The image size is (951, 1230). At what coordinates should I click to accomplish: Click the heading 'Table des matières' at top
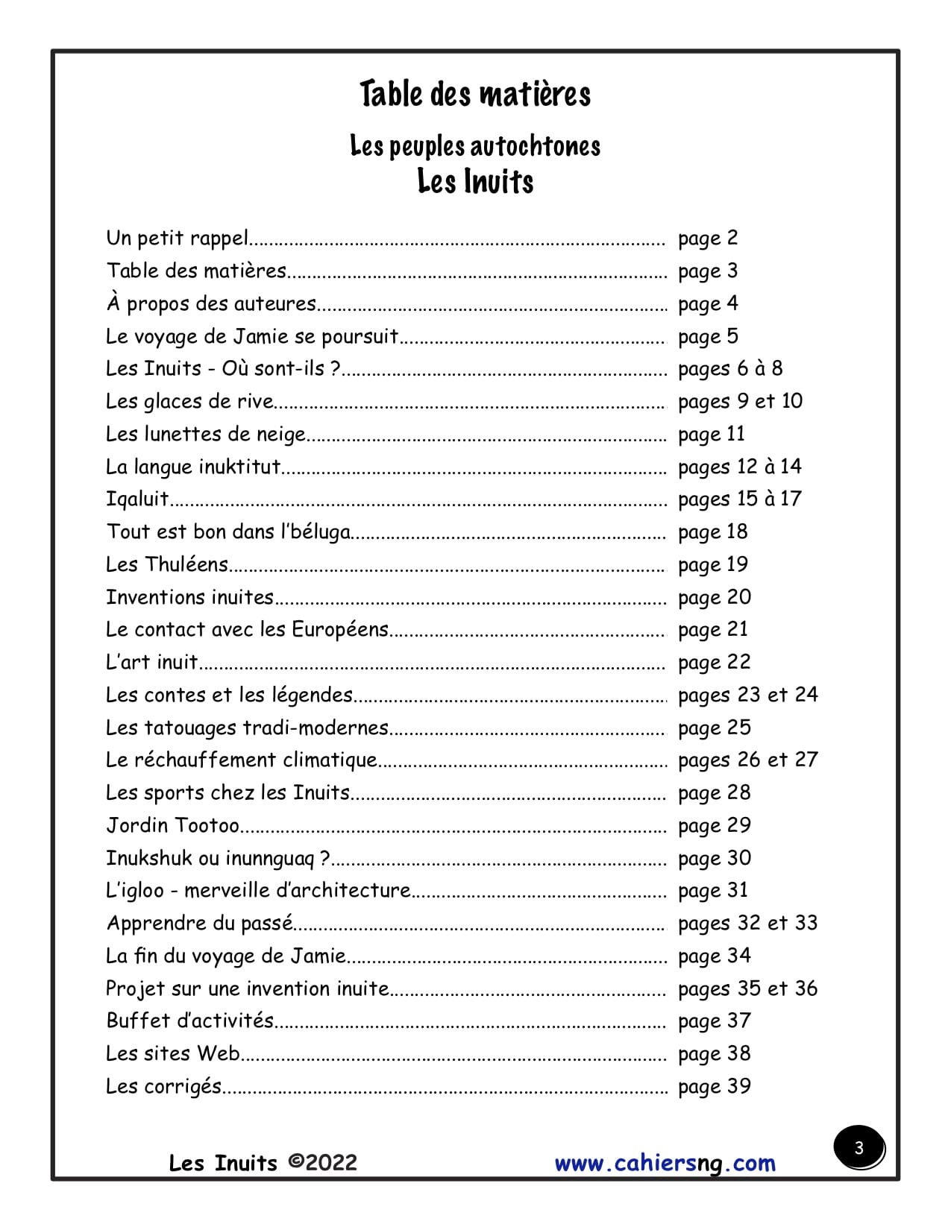pos(475,95)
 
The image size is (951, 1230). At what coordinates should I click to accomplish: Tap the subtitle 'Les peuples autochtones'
pos(475,146)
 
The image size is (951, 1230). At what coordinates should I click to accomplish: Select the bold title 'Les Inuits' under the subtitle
pos(475,181)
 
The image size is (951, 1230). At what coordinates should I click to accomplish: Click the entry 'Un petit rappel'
pos(177,239)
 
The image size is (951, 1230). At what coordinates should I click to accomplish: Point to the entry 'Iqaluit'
pos(137,499)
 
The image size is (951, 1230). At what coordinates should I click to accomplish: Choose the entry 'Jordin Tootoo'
pos(173,826)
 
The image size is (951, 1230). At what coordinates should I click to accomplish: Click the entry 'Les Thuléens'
pos(167,565)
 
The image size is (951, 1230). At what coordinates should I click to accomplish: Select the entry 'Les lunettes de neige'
pos(206,435)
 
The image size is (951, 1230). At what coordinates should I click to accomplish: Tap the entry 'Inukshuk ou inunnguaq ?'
pos(218,859)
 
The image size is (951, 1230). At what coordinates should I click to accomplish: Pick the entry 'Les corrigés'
pos(164,1087)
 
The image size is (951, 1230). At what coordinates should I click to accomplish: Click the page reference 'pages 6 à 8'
pos(730,369)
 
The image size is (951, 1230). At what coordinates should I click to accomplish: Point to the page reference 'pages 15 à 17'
pos(739,499)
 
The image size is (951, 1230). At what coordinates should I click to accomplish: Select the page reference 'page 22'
pos(714,663)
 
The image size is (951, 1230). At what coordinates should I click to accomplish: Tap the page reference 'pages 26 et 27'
pos(747,760)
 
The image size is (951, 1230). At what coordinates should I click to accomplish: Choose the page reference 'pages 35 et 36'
pos(747,989)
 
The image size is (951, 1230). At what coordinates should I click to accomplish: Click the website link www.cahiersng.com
pos(665,1164)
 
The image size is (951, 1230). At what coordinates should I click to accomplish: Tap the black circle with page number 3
pos(859,1148)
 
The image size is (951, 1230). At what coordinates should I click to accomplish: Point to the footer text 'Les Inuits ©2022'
pos(263,1163)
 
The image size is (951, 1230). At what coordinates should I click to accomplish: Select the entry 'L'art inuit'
pos(152,663)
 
